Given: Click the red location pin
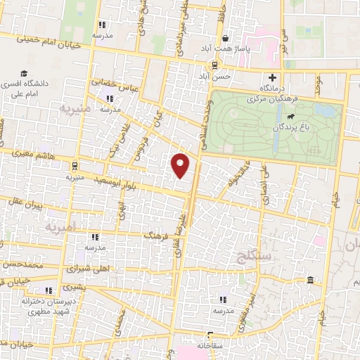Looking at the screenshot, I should [x=181, y=165].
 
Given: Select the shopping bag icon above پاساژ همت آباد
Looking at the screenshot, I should [x=225, y=39].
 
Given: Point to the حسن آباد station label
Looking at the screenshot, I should [x=204, y=75].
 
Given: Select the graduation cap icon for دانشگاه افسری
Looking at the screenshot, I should [x=25, y=73].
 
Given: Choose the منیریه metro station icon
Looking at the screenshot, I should [x=74, y=166].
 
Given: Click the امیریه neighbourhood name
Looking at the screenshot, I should [x=59, y=228].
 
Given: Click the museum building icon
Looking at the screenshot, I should [x=310, y=281].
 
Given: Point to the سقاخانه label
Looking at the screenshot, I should [x=210, y=345].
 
